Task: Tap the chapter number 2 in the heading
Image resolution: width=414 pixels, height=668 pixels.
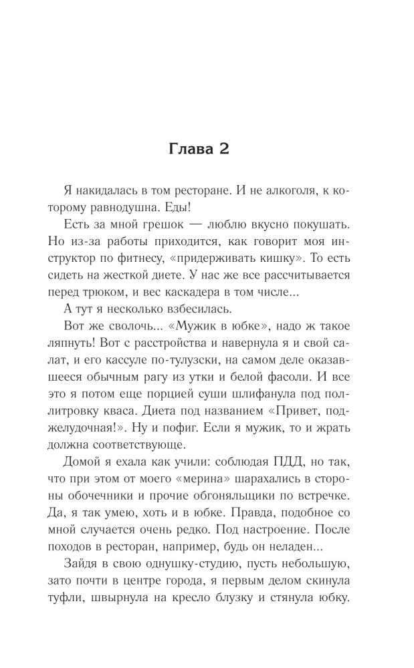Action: pos(224,149)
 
